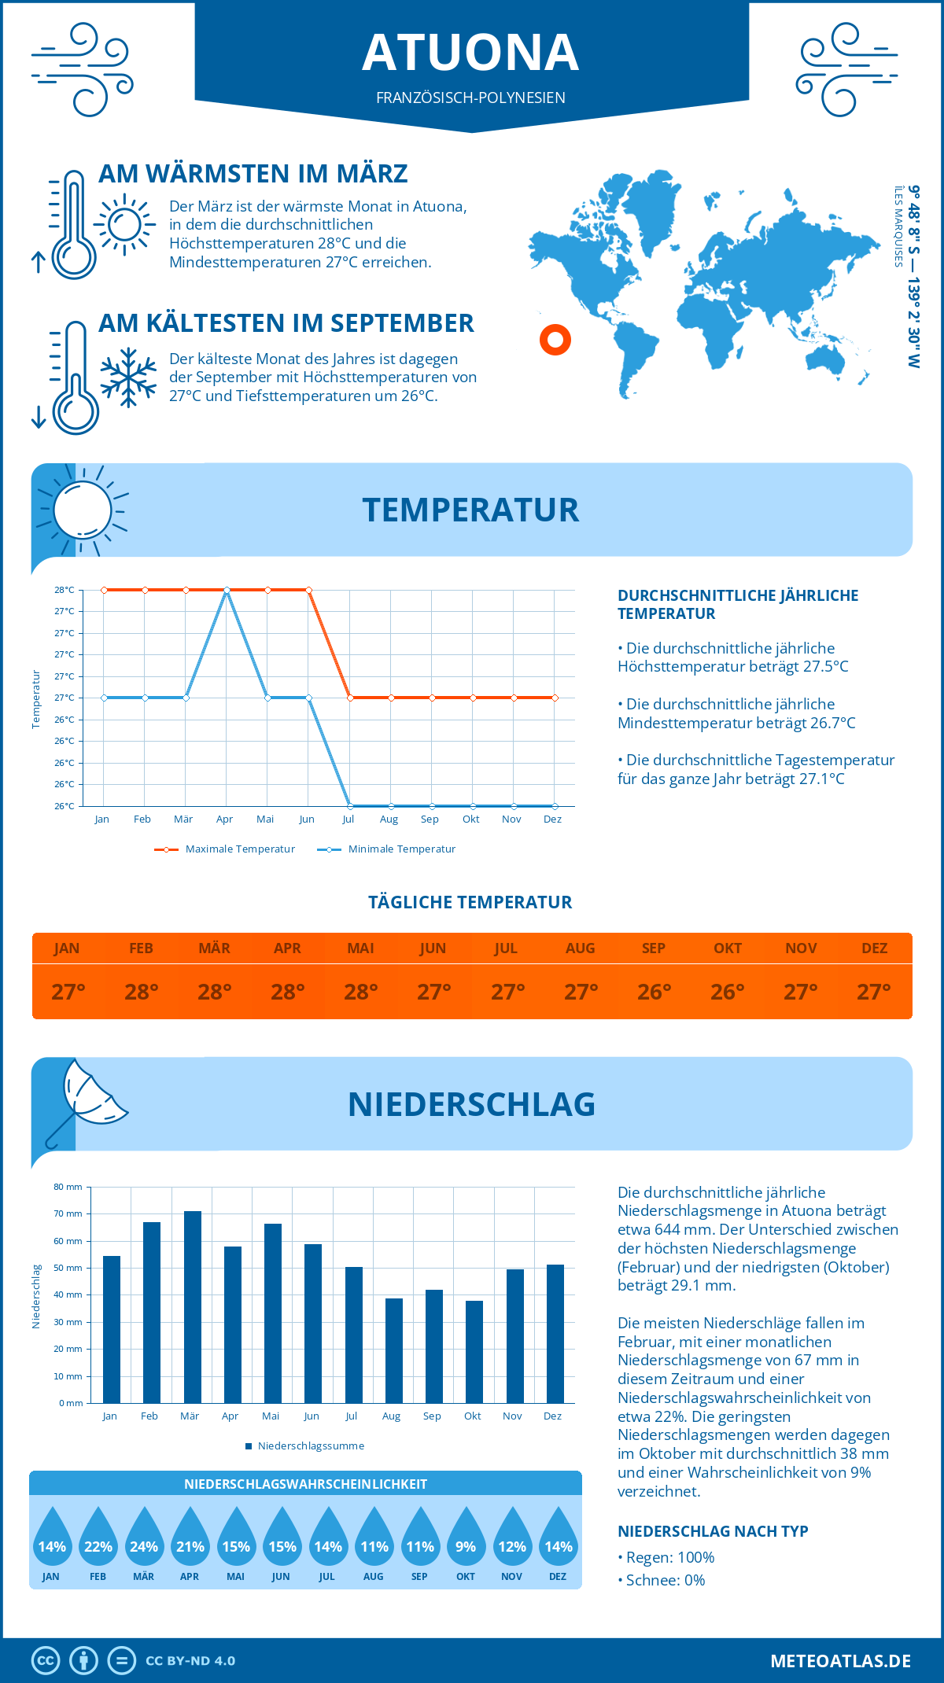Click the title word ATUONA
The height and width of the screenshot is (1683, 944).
pyautogui.click(x=470, y=53)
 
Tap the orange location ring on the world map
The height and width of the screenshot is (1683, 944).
pyautogui.click(x=555, y=340)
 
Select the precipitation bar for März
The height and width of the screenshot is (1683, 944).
pyautogui.click(x=192, y=1306)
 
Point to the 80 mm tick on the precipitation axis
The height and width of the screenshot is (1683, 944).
pyautogui.click(x=69, y=1187)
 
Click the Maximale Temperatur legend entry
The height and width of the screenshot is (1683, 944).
pyautogui.click(x=226, y=849)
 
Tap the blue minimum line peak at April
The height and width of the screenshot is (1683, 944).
pyautogui.click(x=227, y=591)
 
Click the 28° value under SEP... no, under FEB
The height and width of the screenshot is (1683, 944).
pyautogui.click(x=142, y=992)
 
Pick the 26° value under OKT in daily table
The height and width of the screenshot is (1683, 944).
pyautogui.click(x=728, y=992)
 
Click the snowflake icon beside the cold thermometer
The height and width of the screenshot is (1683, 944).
pyautogui.click(x=128, y=377)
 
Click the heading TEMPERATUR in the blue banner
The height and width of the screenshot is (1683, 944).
pyautogui.click(x=470, y=510)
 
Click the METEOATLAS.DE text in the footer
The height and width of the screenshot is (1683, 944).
pyautogui.click(x=840, y=1661)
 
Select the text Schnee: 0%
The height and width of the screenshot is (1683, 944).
pyautogui.click(x=665, y=1580)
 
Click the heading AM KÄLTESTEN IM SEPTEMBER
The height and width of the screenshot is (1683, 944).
pyautogui.click(x=286, y=323)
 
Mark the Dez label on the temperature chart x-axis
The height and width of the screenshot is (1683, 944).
pyautogui.click(x=552, y=819)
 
